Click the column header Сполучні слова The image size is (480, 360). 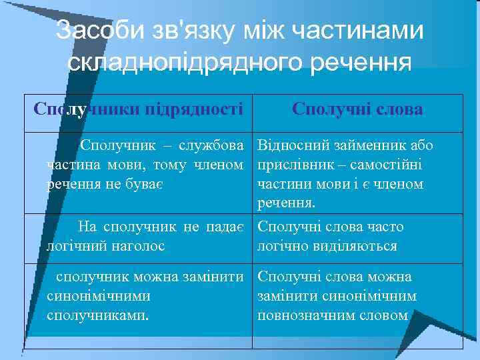click(357, 109)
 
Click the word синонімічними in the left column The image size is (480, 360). click(99, 295)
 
